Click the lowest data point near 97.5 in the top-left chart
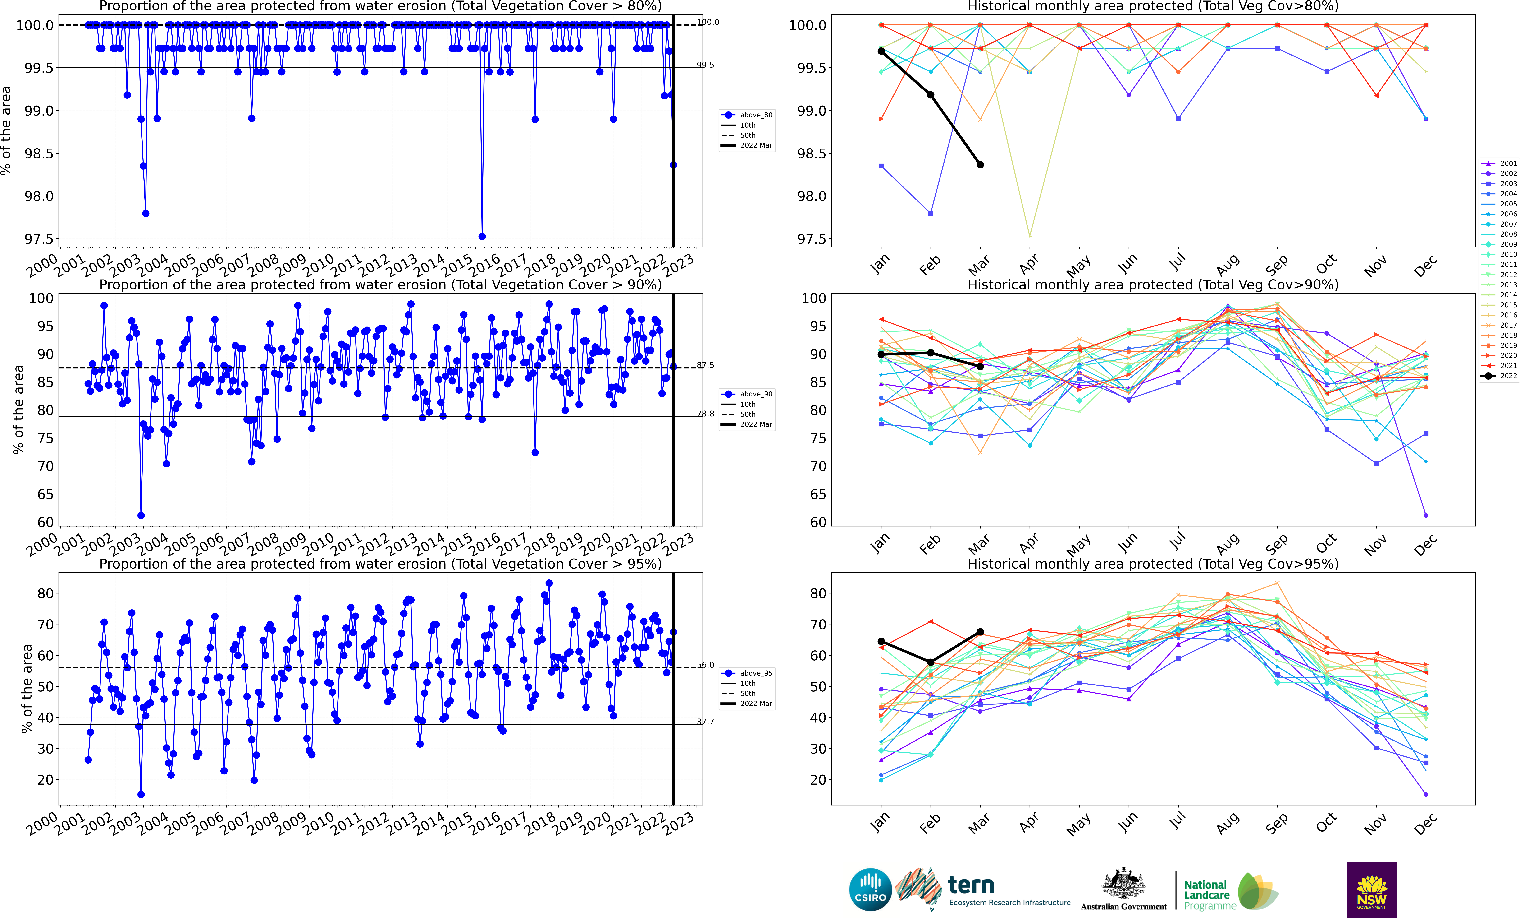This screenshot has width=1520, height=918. point(482,236)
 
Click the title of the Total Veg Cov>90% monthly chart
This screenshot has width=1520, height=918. point(1153,285)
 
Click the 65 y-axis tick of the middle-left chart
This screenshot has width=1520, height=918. point(45,494)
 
